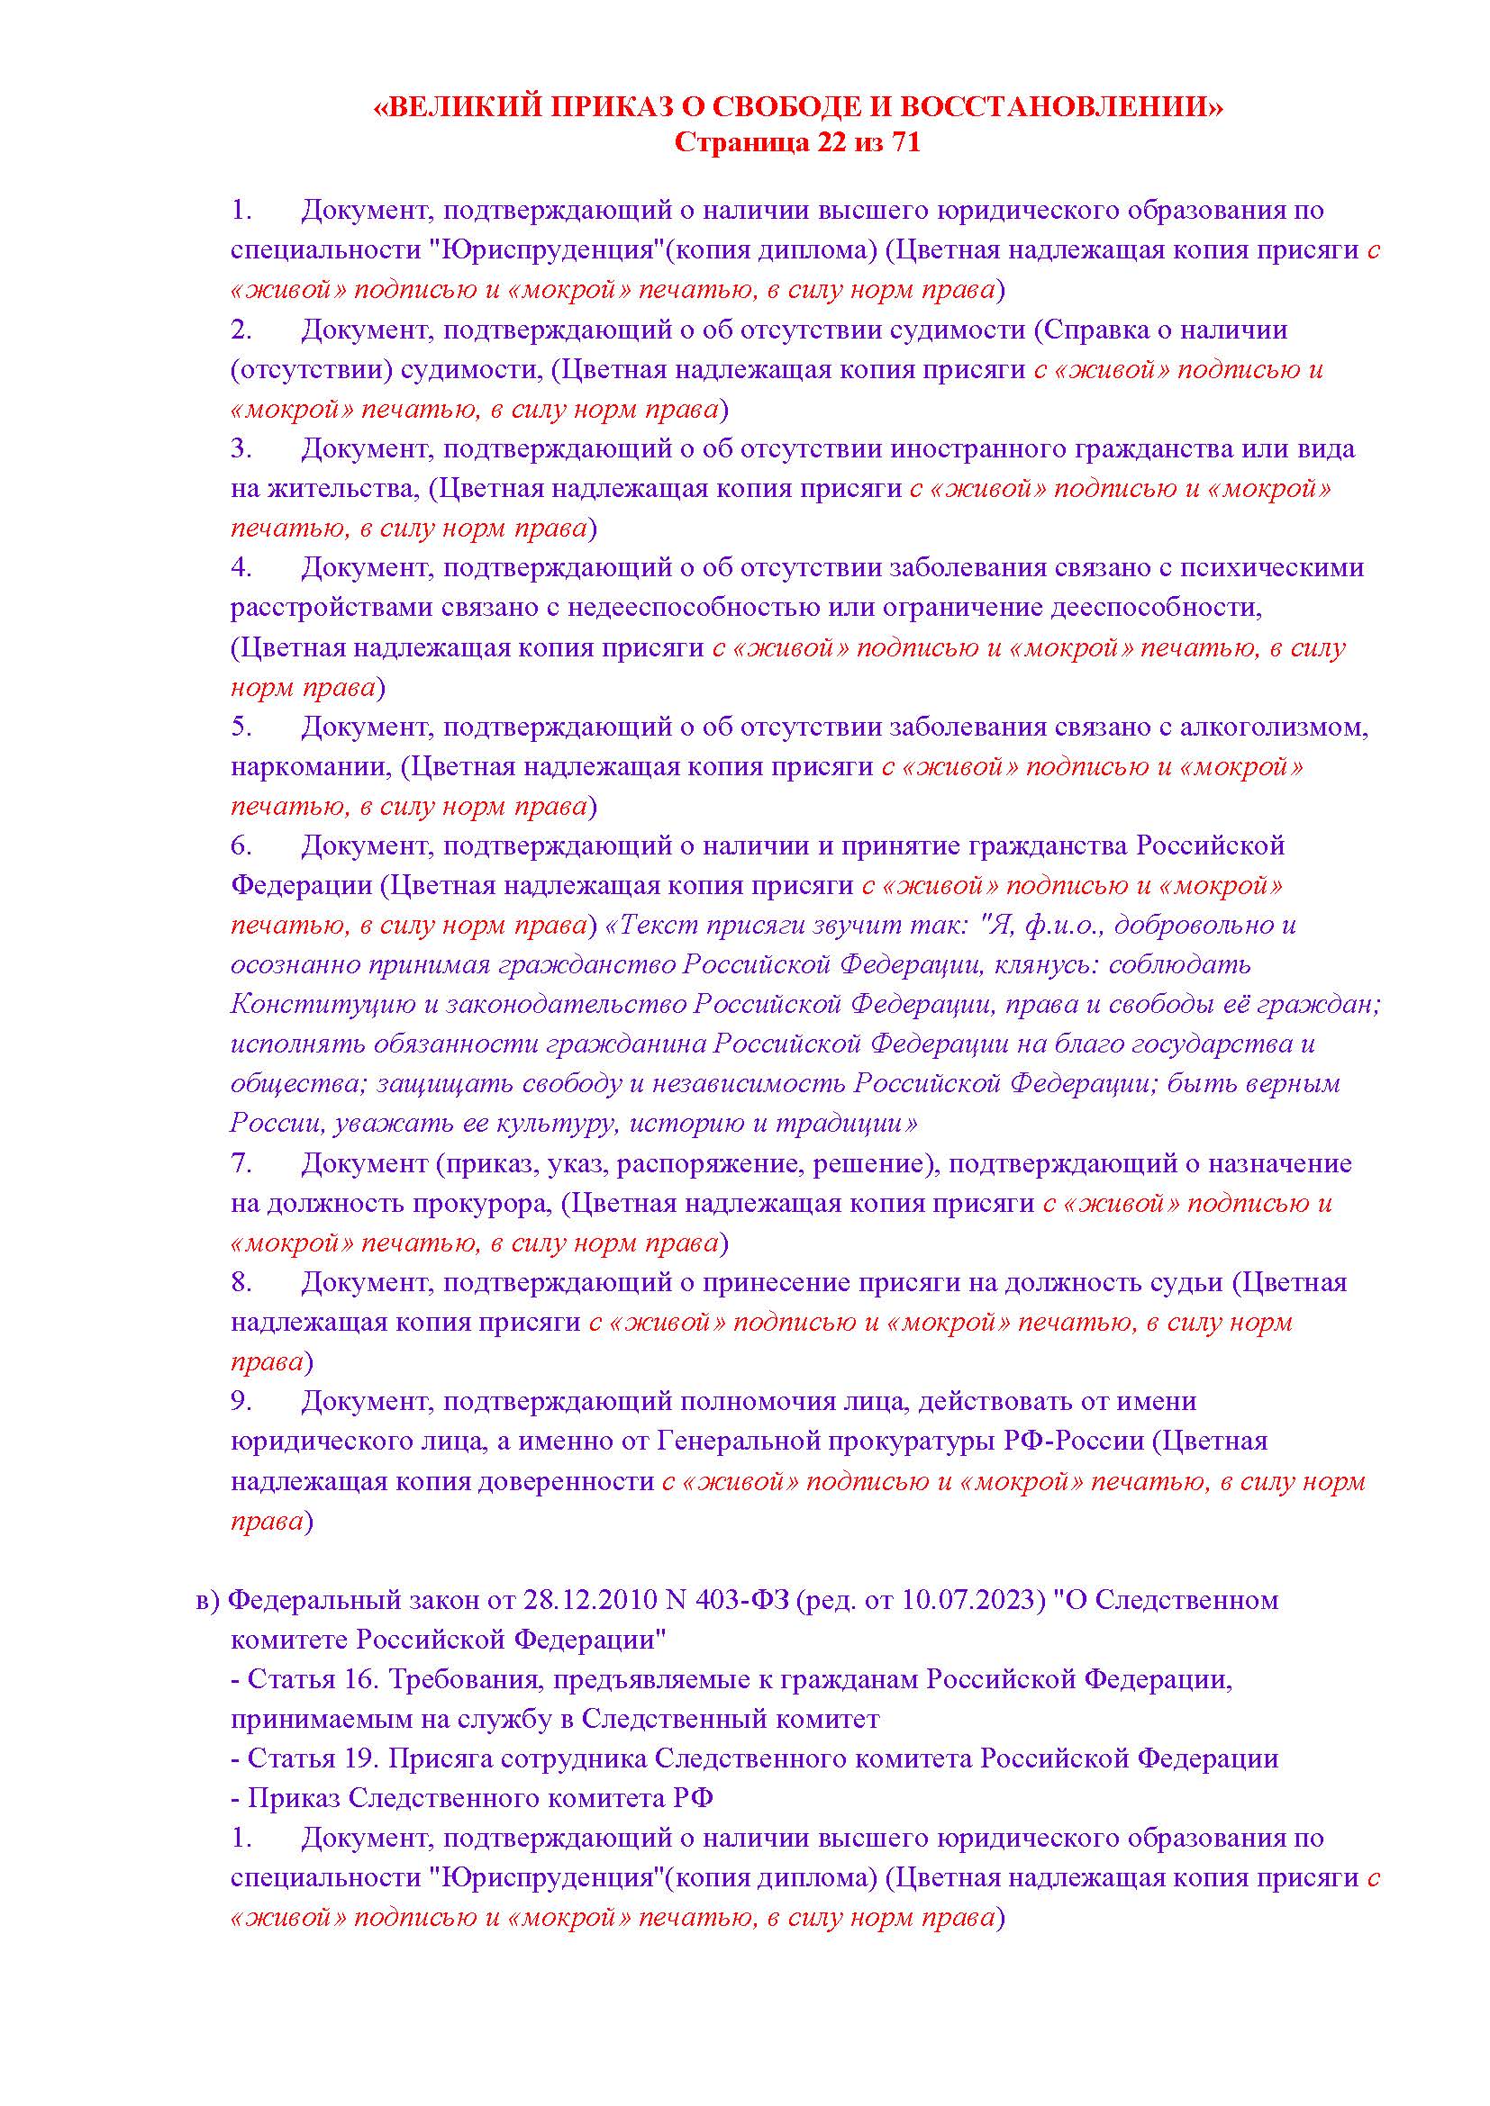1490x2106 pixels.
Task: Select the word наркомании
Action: pyautogui.click(x=311, y=767)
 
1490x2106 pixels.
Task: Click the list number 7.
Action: pyautogui.click(x=241, y=1163)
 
